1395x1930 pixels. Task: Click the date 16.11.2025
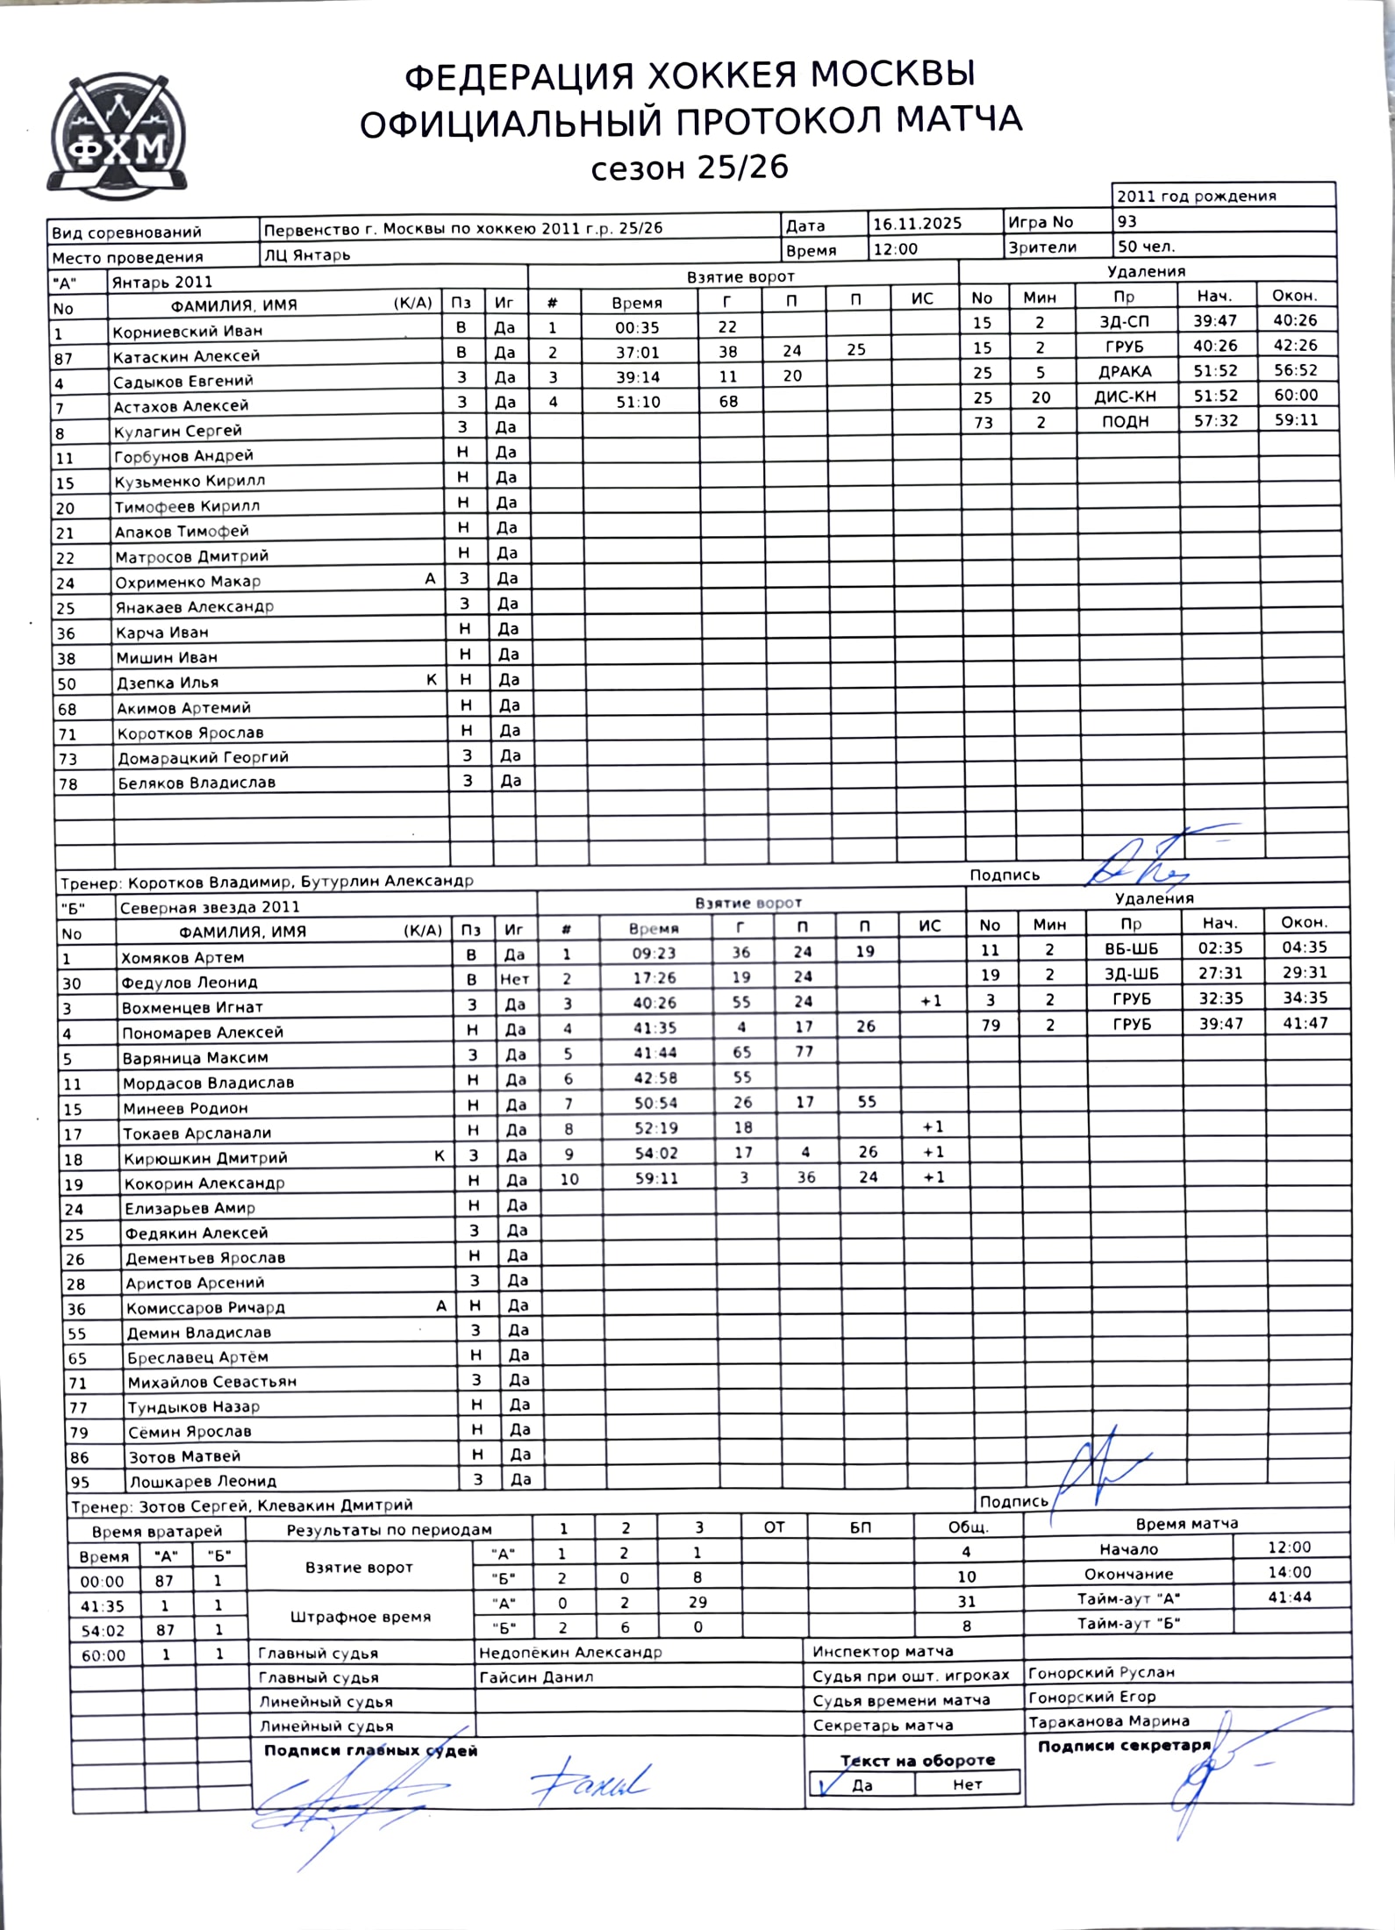[917, 223]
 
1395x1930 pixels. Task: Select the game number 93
[1127, 221]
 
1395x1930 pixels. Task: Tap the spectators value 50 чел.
[1146, 247]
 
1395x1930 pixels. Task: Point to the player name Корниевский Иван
[187, 332]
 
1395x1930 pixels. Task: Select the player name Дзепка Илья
[167, 683]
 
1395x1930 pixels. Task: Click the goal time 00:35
[637, 327]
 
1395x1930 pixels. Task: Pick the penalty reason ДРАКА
[1125, 371]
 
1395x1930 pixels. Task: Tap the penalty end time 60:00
[1296, 395]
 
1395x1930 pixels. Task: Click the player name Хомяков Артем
[182, 957]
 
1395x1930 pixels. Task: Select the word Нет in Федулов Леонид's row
[514, 979]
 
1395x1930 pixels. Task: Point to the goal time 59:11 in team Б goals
[656, 1178]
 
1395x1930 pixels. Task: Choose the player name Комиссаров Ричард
[205, 1307]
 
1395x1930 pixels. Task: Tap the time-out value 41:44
[1289, 1597]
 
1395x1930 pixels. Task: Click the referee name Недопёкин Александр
[570, 1652]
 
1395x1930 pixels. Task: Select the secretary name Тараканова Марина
[1108, 1721]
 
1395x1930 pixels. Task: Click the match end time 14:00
[1289, 1572]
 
